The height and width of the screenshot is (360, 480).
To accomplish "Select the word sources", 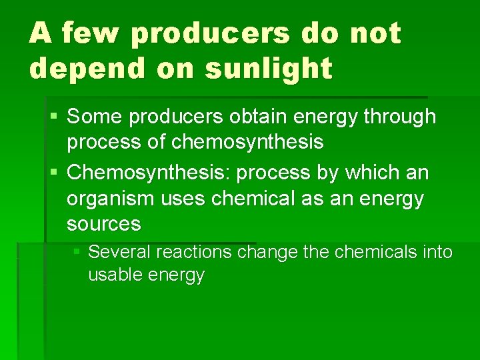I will tap(103, 224).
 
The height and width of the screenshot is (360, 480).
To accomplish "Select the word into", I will tap(438, 252).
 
